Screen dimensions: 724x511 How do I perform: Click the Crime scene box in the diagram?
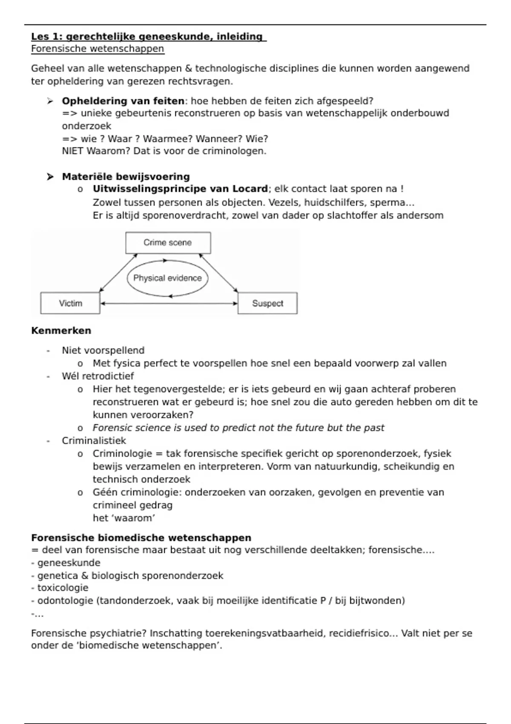tap(168, 243)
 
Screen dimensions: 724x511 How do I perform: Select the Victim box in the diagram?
tap(70, 303)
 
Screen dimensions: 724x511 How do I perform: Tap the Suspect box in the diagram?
tap(267, 303)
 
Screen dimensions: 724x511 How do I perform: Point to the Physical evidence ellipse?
tap(167, 278)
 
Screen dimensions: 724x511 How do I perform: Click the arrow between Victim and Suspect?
tap(169, 304)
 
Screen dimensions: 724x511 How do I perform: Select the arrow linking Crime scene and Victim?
tap(118, 273)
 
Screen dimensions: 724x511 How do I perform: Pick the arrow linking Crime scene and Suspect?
tap(218, 273)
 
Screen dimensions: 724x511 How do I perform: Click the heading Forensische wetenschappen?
tap(98, 49)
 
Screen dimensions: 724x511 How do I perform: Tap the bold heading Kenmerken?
tap(61, 331)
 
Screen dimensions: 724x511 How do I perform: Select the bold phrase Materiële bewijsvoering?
tap(126, 177)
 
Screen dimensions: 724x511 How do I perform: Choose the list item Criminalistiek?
tap(94, 441)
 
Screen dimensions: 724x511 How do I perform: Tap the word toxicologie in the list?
tap(63, 588)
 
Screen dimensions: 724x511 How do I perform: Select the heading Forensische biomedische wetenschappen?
tap(141, 538)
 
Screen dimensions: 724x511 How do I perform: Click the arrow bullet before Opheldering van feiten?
tap(50, 101)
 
